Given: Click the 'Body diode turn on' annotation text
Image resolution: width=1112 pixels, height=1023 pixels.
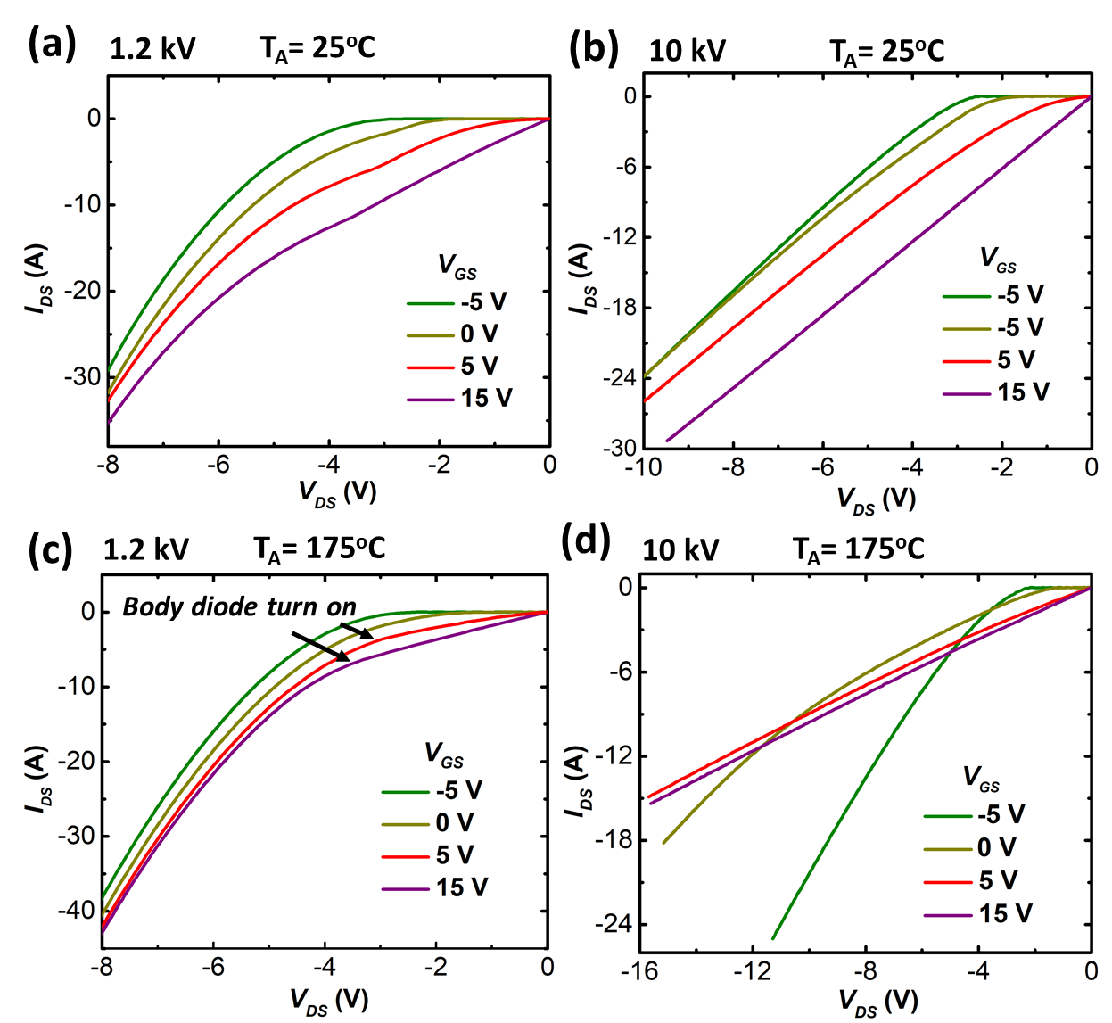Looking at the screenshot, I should pyautogui.click(x=239, y=607).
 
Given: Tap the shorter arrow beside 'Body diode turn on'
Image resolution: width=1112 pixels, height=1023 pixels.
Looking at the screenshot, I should pyautogui.click(x=357, y=631).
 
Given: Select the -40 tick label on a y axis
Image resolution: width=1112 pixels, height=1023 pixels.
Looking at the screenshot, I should pyautogui.click(x=77, y=911).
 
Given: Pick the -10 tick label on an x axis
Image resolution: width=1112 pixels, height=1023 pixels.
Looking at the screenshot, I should pyautogui.click(x=641, y=467).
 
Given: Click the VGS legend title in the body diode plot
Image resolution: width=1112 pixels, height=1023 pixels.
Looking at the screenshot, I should pyautogui.click(x=444, y=755).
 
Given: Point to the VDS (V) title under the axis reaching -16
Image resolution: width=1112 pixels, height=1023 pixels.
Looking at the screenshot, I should pyautogui.click(x=877, y=1002).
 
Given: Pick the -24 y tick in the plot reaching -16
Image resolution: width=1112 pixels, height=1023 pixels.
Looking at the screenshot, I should pyautogui.click(x=614, y=924).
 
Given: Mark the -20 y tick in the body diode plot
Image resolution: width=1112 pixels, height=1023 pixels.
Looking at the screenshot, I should pyautogui.click(x=77, y=761).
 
